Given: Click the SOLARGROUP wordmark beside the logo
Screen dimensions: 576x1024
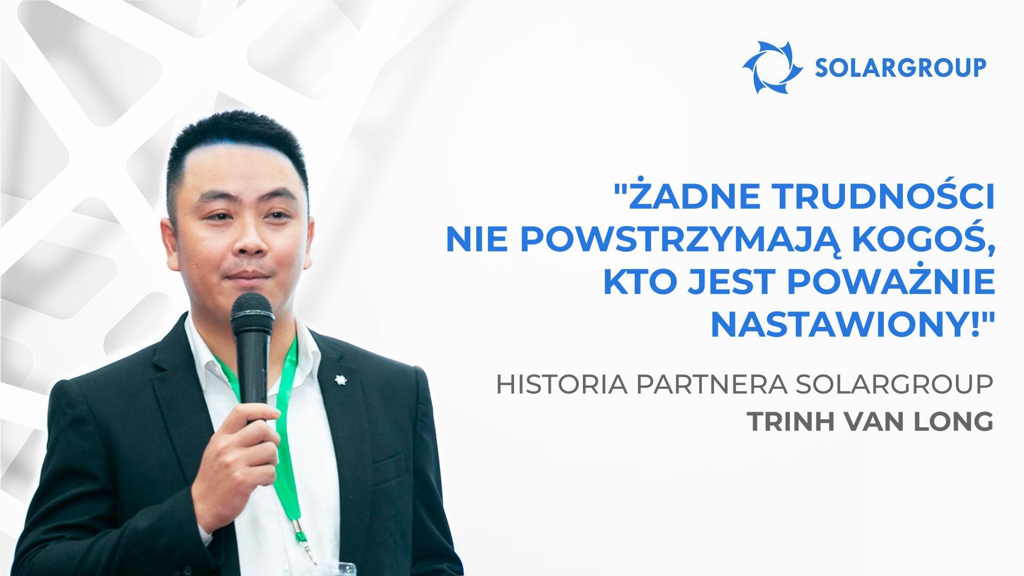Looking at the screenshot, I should [900, 68].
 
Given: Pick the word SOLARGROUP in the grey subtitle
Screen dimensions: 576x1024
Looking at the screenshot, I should [894, 386].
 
